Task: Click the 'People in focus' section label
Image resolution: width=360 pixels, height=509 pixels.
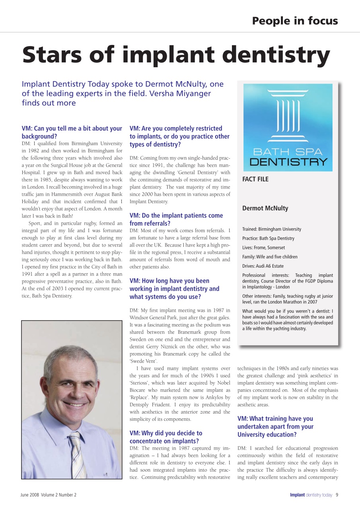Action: (x=295, y=21)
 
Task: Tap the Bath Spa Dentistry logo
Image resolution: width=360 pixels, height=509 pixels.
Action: (x=288, y=127)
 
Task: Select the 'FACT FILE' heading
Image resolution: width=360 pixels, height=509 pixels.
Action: (x=255, y=179)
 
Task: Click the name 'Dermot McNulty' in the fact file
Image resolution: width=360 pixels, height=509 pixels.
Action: (x=265, y=208)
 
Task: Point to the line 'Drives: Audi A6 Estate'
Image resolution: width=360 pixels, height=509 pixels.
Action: (x=263, y=266)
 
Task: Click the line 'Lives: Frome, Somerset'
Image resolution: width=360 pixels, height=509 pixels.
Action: (x=263, y=248)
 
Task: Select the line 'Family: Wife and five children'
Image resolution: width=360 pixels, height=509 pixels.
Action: (x=270, y=257)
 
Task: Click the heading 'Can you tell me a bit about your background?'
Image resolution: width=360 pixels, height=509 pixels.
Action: (x=72, y=132)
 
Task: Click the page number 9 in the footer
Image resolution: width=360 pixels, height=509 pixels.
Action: (x=337, y=495)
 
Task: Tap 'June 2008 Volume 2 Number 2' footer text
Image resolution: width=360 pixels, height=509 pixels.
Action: (x=49, y=495)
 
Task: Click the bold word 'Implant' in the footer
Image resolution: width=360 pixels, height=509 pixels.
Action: (x=297, y=495)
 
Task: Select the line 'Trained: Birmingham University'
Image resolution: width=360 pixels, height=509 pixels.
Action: (x=272, y=229)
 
